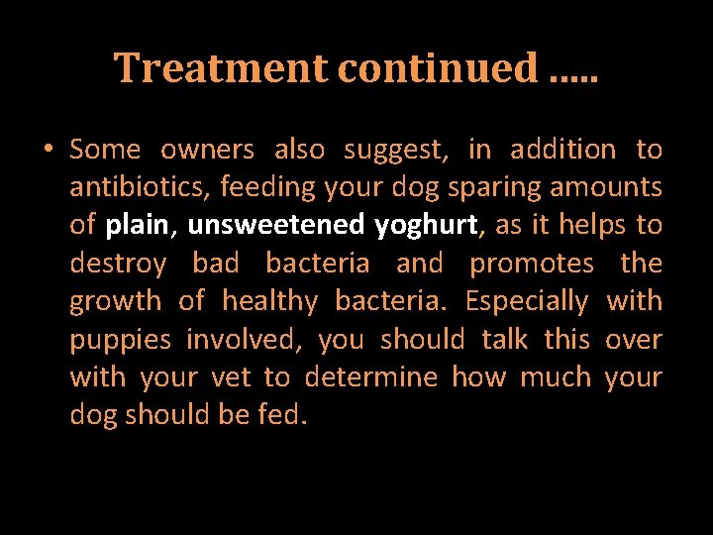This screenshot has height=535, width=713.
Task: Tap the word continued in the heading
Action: [437, 68]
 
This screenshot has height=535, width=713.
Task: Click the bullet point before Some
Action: [48, 151]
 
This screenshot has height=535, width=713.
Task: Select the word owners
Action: [207, 150]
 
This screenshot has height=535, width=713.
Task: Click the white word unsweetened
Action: [275, 226]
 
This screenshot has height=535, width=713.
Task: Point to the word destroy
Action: [118, 264]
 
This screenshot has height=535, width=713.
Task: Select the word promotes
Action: [532, 264]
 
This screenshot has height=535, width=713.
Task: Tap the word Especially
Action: [527, 301]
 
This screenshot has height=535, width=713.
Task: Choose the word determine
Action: [370, 377]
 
